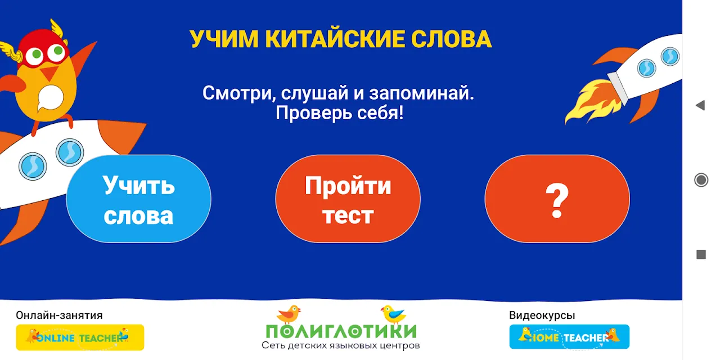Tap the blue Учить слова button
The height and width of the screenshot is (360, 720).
(x=138, y=199)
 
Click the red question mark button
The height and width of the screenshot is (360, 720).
(x=557, y=199)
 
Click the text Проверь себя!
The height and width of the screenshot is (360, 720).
(x=339, y=113)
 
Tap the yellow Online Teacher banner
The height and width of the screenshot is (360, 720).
(x=80, y=337)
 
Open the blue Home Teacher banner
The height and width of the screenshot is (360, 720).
(x=569, y=336)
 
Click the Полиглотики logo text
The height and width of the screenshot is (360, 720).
(x=341, y=331)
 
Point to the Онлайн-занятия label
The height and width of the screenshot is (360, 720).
(x=59, y=316)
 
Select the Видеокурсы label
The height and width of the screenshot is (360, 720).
(x=542, y=316)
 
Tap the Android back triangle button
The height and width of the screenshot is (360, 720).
(x=700, y=105)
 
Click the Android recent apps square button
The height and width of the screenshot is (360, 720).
(x=701, y=254)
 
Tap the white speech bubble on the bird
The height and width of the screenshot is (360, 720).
(x=50, y=98)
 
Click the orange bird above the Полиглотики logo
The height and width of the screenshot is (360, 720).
(x=289, y=314)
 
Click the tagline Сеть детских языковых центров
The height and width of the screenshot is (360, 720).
(x=341, y=345)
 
